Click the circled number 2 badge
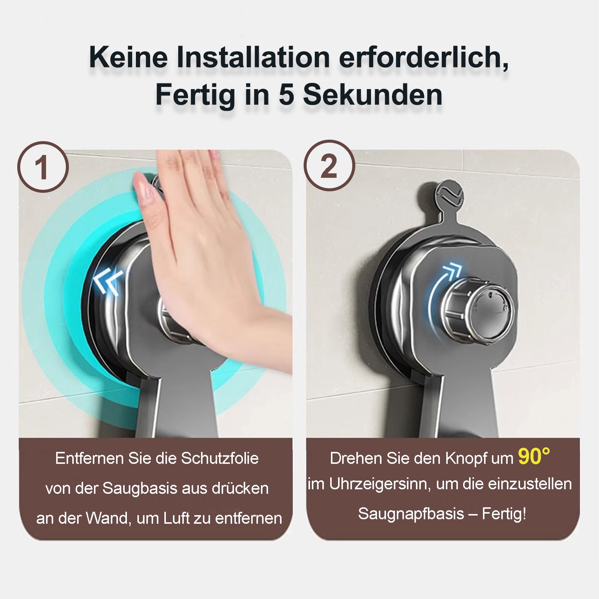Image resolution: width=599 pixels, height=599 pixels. (x=329, y=167)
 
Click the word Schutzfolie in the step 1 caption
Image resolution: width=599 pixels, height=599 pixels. (x=220, y=458)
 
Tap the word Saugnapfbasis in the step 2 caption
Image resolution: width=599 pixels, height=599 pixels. (x=411, y=514)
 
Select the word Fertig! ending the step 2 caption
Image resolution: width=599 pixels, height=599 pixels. (x=504, y=514)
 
